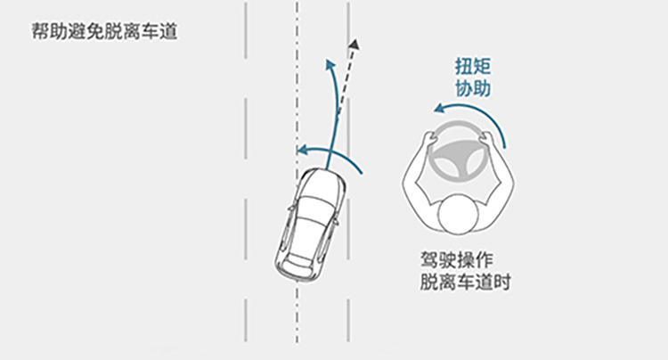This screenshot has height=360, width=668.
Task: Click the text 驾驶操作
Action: tap(459, 260)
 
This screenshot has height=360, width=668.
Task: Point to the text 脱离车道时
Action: tap(467, 282)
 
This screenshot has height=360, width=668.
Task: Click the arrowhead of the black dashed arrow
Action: tap(354, 45)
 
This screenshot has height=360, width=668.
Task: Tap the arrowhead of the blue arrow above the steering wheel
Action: tap(438, 109)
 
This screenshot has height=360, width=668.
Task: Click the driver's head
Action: tap(460, 217)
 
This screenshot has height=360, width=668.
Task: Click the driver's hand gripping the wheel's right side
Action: tap(489, 138)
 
